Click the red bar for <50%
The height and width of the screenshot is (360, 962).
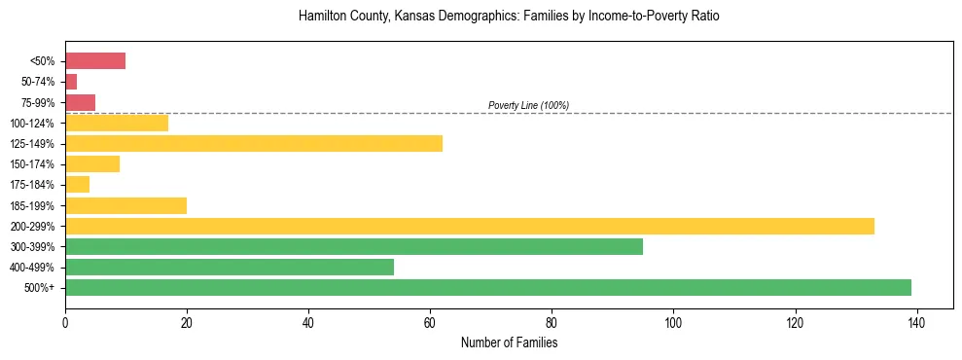95,61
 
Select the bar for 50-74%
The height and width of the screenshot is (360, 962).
71,82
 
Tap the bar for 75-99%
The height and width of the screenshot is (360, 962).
80,102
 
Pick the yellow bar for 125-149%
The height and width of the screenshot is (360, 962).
254,144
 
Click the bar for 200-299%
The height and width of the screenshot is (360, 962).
470,226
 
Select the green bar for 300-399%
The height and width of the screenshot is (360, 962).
354,246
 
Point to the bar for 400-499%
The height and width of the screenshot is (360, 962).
230,267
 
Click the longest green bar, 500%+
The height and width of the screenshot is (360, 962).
488,287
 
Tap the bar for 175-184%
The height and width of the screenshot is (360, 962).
77,185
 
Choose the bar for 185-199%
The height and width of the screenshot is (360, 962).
125,205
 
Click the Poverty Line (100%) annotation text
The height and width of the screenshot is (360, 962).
528,105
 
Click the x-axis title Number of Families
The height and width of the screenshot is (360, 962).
509,342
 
